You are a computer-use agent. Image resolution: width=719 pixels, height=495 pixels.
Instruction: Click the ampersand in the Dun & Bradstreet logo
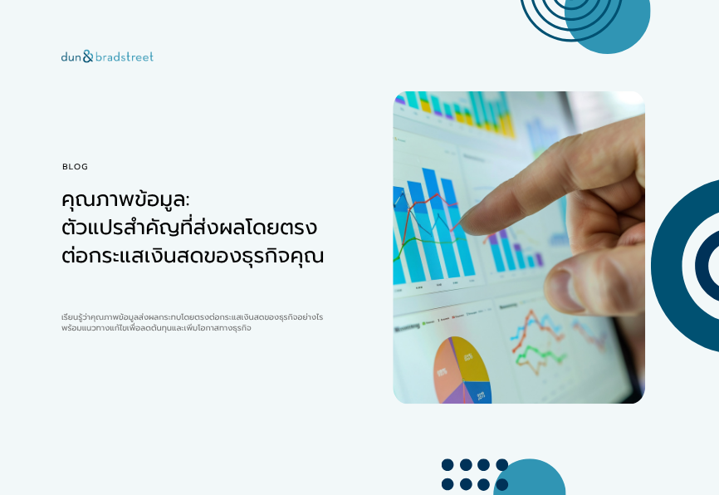88,56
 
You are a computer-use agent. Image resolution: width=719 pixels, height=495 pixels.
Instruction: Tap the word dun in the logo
71,56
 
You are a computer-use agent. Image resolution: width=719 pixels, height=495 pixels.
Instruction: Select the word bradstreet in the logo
125,56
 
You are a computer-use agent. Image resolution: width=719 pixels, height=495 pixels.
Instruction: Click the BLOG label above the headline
75,167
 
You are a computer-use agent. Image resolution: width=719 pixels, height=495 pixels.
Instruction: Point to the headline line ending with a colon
125,200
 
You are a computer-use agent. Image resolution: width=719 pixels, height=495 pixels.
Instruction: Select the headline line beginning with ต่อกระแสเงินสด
193,256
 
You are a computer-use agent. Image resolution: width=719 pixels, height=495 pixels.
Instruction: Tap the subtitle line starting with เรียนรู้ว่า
192,317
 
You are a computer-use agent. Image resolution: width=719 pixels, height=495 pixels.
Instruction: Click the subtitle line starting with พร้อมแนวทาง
156,328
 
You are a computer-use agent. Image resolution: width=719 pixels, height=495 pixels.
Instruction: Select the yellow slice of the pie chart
472,360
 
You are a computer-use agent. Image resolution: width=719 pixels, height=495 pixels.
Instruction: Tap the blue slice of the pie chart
478,393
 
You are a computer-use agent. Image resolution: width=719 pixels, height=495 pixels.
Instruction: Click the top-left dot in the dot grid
448,465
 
